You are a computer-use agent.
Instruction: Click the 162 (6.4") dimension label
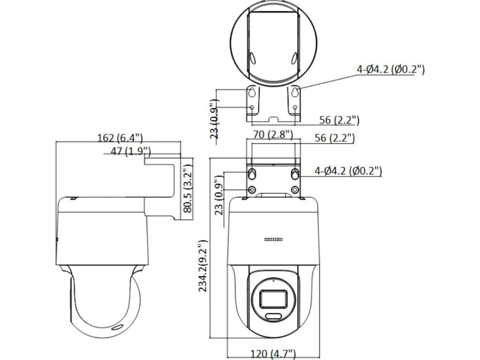coord(120,138)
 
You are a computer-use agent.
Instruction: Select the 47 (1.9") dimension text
coord(131,151)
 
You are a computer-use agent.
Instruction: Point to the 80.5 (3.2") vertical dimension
coord(187,188)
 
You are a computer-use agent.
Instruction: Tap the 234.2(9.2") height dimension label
coord(203,266)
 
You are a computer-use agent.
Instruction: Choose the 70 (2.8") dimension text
coord(273,134)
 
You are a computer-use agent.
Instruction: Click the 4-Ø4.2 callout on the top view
coord(390,69)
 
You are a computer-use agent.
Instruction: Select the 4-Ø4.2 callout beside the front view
coord(348,171)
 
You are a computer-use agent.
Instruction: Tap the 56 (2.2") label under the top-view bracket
coord(339,120)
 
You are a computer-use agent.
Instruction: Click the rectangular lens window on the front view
coord(273,300)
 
